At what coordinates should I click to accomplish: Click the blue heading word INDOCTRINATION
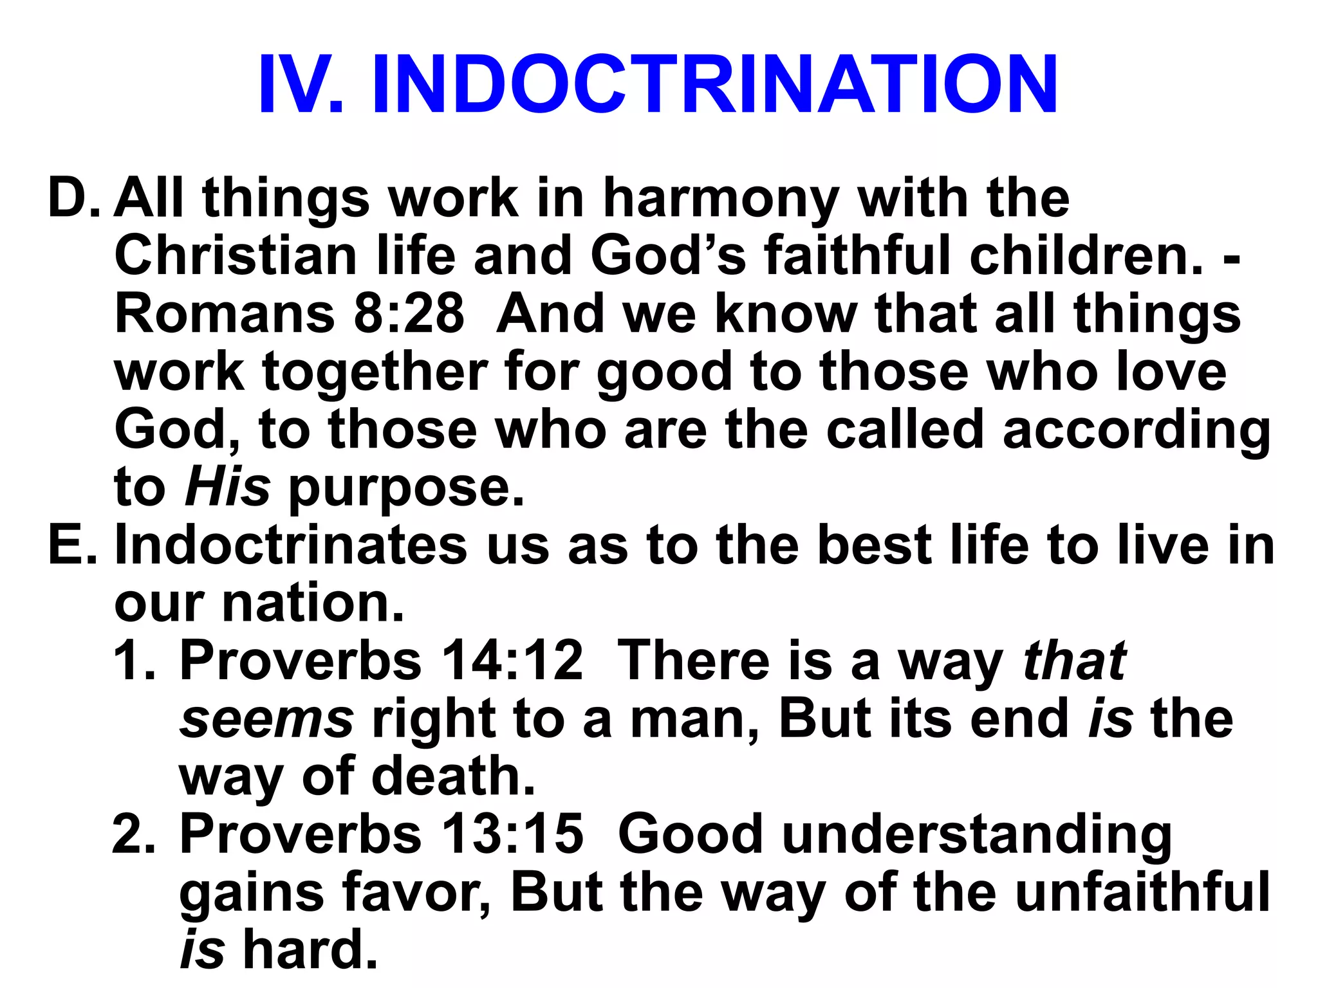[714, 85]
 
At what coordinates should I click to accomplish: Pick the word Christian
[236, 256]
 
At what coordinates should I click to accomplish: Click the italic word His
[227, 488]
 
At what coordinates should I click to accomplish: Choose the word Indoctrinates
[290, 545]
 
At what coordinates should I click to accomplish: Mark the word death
[453, 777]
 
